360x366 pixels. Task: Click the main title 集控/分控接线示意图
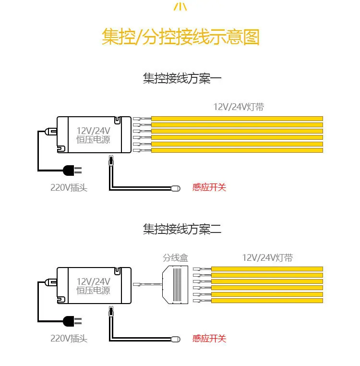[x=180, y=37]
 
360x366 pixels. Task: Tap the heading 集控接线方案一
[x=182, y=78]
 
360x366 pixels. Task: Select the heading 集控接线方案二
[x=182, y=229]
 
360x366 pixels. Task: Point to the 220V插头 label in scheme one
[x=69, y=188]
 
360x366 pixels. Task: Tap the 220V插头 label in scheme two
[x=69, y=339]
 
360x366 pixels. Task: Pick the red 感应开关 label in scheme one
[x=209, y=187]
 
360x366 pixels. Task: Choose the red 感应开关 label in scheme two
[x=209, y=338]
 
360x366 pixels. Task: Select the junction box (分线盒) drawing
[x=175, y=285]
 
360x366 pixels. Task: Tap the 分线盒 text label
[x=176, y=258]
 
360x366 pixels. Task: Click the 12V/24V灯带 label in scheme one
[x=239, y=107]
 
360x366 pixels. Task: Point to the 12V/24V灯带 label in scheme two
[x=267, y=258]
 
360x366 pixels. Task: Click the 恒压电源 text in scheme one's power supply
[x=93, y=140]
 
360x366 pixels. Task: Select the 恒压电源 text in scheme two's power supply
[x=93, y=291]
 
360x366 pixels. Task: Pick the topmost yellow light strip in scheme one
[x=237, y=119]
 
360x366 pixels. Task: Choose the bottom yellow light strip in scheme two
[x=267, y=301]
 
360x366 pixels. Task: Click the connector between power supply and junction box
[x=147, y=284]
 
